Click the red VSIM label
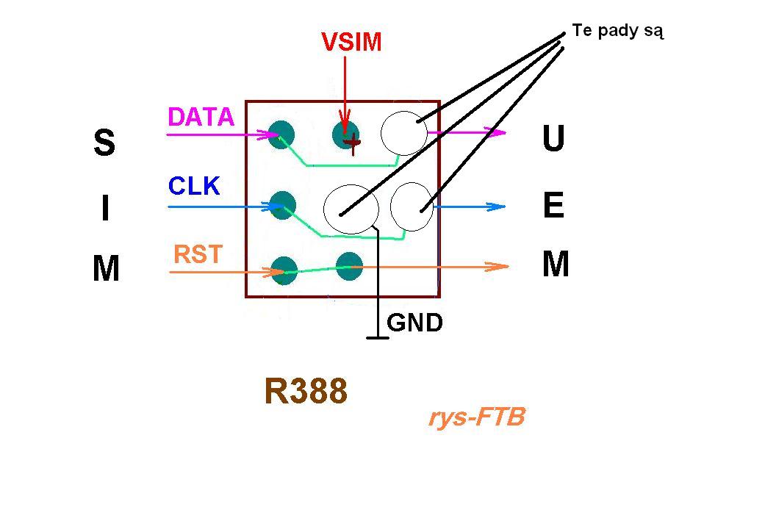tap(351, 42)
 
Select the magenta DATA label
tap(201, 117)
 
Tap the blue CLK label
tap(194, 186)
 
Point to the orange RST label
tap(198, 254)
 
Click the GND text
tap(414, 323)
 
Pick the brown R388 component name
tap(306, 391)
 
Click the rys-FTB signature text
tap(477, 417)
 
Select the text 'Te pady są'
tap(618, 31)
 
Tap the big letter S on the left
tap(104, 142)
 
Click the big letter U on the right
tap(553, 138)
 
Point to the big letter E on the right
tap(554, 205)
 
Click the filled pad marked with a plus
tap(346, 134)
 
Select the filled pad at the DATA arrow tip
tap(281, 134)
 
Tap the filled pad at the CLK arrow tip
tap(283, 205)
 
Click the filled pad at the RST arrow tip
tap(284, 270)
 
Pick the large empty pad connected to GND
tap(351, 209)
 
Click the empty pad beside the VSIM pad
tap(404, 133)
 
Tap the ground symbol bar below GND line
tap(378, 337)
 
